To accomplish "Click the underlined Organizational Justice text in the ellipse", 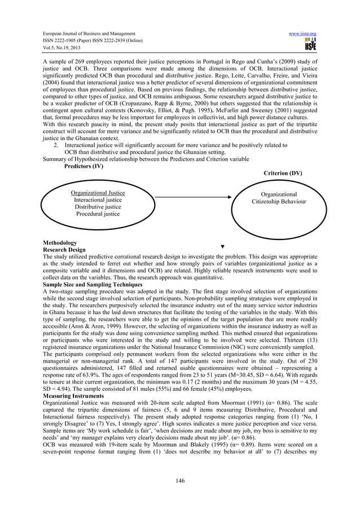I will tap(98, 193).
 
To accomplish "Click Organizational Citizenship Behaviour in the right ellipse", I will tap(279, 198).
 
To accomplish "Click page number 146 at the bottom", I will tap(180, 480).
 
